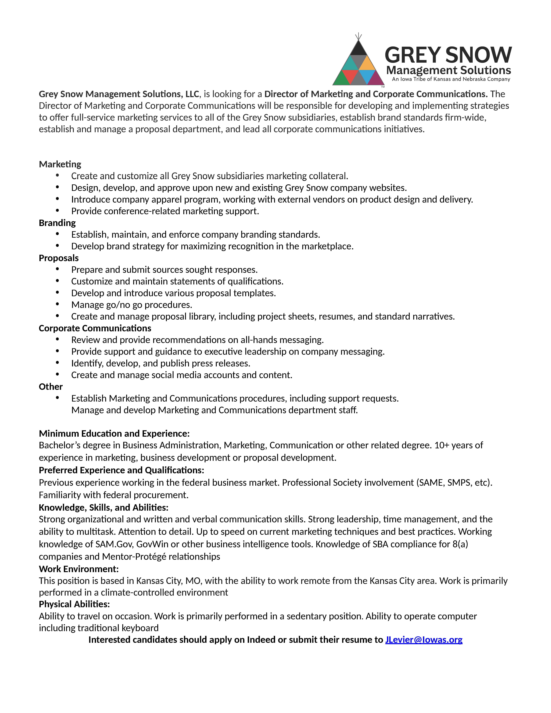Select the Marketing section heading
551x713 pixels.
click(x=60, y=164)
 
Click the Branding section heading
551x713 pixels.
click(x=57, y=223)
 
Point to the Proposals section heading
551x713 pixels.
click(x=59, y=258)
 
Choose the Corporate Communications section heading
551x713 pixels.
click(x=95, y=328)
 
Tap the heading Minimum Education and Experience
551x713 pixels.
click(x=114, y=434)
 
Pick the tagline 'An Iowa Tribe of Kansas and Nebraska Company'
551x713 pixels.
click(x=451, y=79)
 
